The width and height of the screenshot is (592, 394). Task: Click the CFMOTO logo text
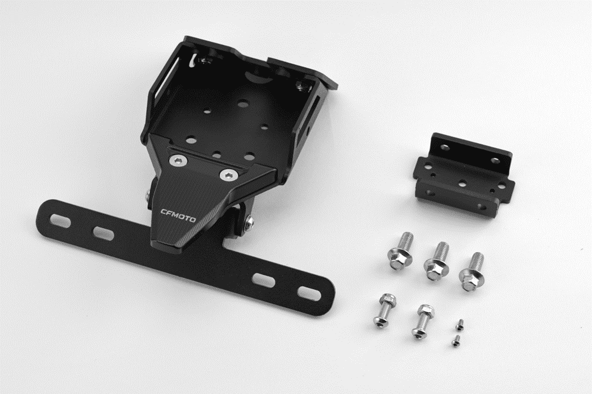coord(178,215)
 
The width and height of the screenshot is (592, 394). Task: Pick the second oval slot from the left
coord(104,233)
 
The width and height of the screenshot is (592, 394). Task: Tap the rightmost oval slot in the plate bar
coord(309,293)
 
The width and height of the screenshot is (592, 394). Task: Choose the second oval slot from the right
coord(264,280)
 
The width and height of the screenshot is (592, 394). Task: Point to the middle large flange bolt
coord(436,261)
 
